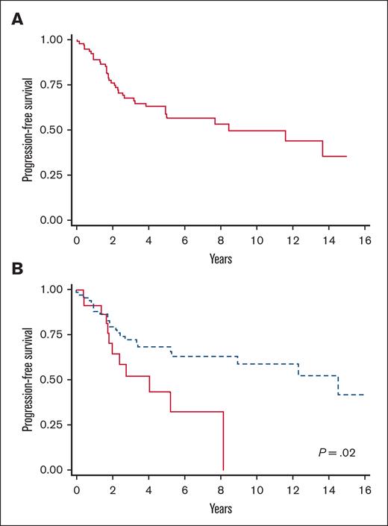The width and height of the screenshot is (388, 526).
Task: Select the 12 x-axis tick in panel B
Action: pyautogui.click(x=292, y=492)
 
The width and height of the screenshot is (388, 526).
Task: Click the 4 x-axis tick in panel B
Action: pyautogui.click(x=148, y=492)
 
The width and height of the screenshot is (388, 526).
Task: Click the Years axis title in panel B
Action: pyautogui.click(x=220, y=509)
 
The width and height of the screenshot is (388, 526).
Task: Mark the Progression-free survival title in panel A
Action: pyautogui.click(x=27, y=130)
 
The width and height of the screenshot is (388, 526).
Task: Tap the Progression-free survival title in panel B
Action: pyautogui.click(x=27, y=380)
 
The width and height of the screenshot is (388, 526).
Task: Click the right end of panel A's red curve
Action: pyautogui.click(x=346, y=156)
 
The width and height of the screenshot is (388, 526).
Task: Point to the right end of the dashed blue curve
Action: pyautogui.click(x=363, y=394)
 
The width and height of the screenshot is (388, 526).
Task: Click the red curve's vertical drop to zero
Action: pyautogui.click(x=223, y=441)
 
